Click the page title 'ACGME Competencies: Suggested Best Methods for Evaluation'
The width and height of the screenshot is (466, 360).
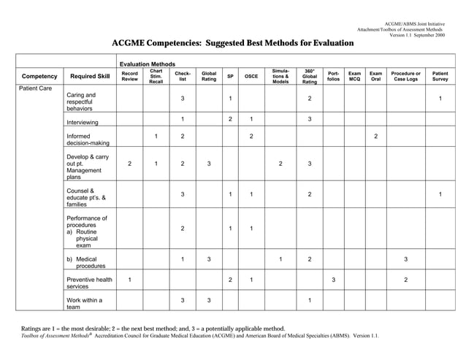(x=232, y=44)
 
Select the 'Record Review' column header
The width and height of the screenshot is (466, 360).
(x=129, y=76)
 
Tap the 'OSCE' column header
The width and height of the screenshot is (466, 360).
(x=251, y=76)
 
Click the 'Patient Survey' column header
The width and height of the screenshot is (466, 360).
(x=440, y=76)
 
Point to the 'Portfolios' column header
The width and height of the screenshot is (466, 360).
(x=333, y=76)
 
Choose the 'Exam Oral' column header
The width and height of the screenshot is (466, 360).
(x=375, y=76)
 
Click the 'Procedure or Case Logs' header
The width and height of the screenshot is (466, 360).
(x=406, y=76)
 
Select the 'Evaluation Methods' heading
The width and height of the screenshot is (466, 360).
(x=147, y=64)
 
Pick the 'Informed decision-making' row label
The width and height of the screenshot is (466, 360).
(x=88, y=140)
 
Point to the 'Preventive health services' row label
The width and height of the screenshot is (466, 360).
(x=89, y=283)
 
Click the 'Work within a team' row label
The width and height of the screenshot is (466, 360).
(x=84, y=304)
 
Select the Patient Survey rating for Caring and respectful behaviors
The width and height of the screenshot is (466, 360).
(x=440, y=99)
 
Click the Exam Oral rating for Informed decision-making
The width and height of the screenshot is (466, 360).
(x=375, y=137)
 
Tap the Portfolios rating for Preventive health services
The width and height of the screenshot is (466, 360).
(x=333, y=280)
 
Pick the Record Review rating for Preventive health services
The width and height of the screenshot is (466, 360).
(x=129, y=280)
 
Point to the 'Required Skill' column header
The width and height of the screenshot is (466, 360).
(x=90, y=76)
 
